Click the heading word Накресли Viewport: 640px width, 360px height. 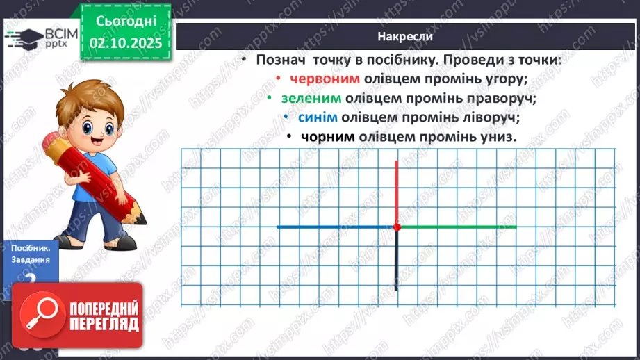coord(407,36)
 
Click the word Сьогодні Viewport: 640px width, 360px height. coord(127,24)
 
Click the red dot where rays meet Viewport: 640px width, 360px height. coord(397,227)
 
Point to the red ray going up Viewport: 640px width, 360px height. coord(397,191)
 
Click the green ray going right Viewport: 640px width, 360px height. coord(459,227)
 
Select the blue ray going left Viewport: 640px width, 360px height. coord(334,227)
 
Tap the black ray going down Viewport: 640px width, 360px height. coord(396,261)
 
